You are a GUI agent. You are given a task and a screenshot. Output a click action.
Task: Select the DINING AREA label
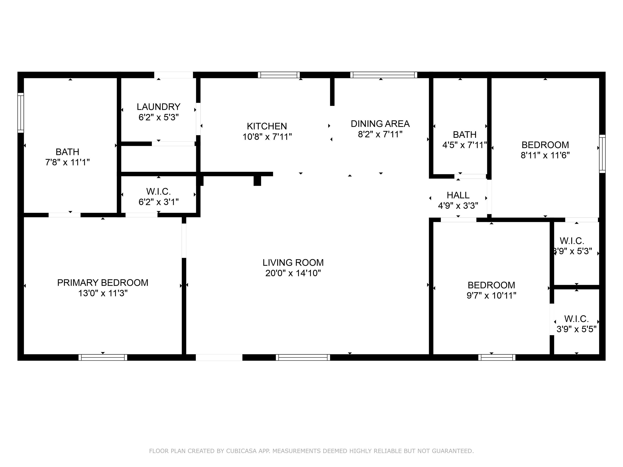coord(380,124)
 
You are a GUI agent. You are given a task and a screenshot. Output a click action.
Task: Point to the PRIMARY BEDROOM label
coord(103,283)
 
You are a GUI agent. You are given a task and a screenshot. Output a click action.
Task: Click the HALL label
coord(458,195)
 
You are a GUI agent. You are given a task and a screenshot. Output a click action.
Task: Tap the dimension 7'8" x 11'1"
coord(68,162)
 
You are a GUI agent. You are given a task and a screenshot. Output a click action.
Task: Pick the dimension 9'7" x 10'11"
coord(491,296)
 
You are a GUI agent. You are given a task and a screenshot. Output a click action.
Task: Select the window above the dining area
coord(384,75)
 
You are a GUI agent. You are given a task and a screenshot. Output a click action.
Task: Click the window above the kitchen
coord(279,75)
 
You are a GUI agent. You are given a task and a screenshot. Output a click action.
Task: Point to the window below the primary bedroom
coord(103,358)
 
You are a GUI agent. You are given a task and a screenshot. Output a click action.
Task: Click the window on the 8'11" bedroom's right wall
coord(602,154)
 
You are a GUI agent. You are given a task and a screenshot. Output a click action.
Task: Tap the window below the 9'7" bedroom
coord(497,358)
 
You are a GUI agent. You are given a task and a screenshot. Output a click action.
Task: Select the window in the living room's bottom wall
coord(303,358)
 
